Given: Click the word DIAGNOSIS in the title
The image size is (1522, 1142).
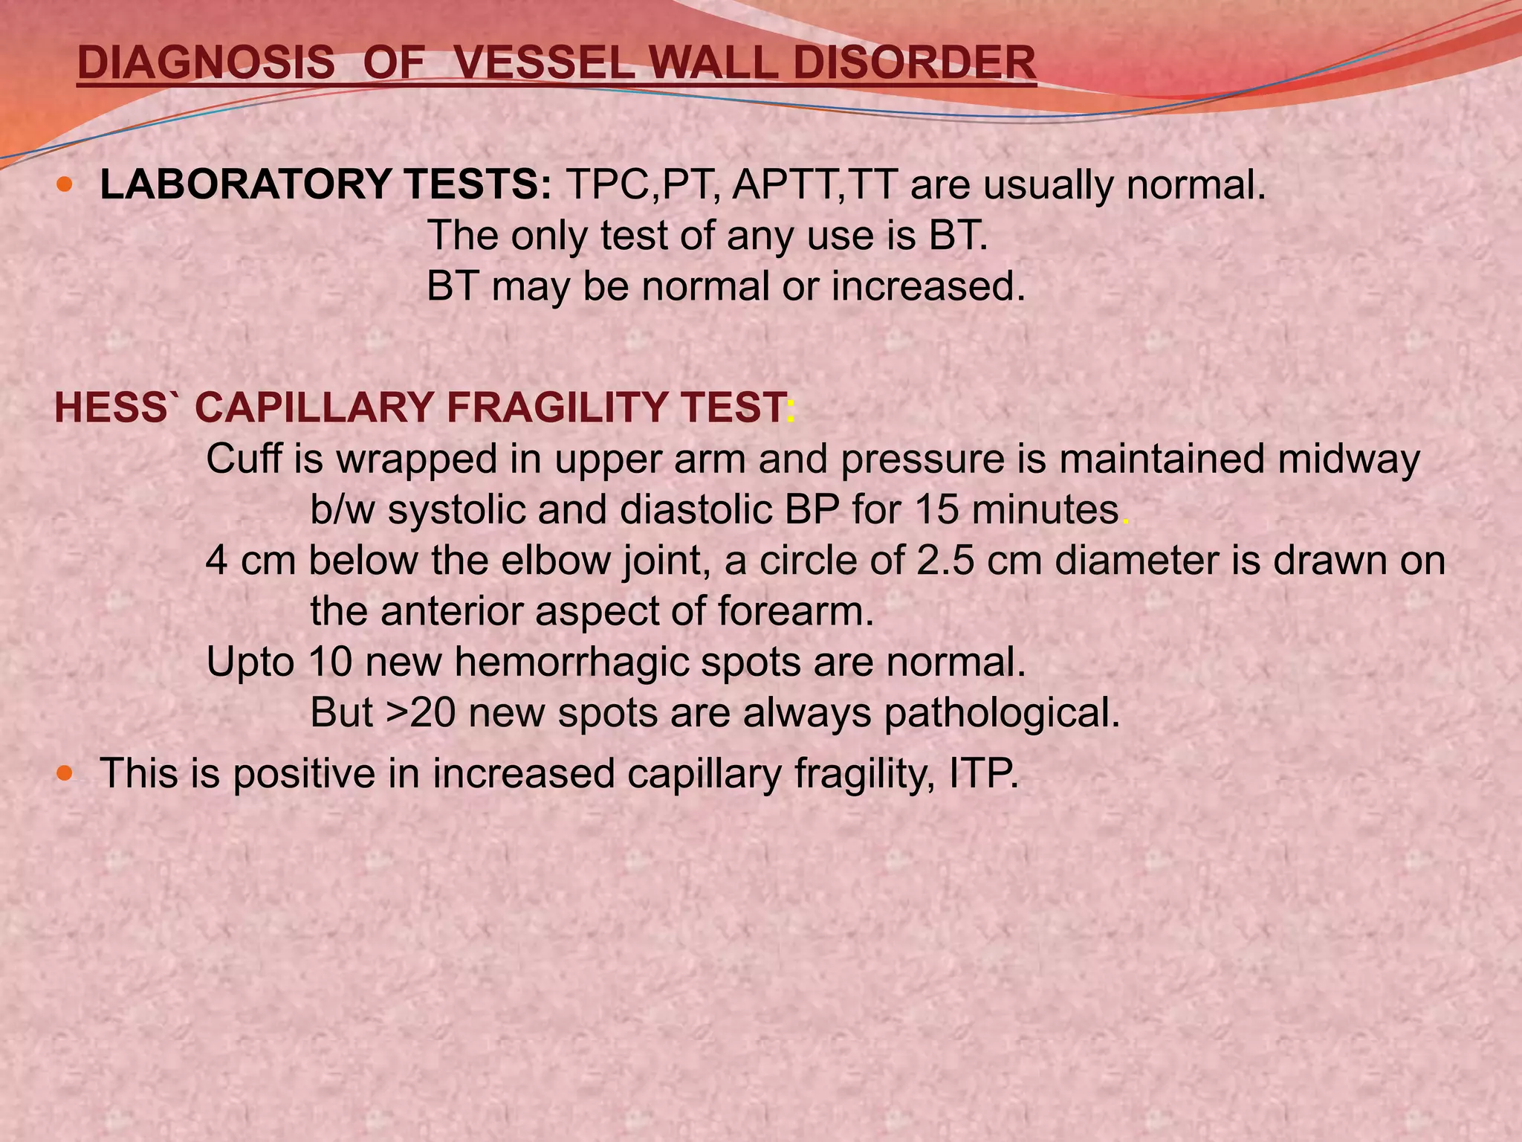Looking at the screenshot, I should [206, 62].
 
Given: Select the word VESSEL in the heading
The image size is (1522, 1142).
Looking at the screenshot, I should [542, 62].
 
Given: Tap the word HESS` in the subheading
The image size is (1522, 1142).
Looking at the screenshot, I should [117, 407].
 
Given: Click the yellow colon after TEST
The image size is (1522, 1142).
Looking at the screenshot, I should [791, 409].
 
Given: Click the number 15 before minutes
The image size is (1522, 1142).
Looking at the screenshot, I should [936, 510].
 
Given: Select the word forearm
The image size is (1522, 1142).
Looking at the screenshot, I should [794, 611].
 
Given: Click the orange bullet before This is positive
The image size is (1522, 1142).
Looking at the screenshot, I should [65, 772].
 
